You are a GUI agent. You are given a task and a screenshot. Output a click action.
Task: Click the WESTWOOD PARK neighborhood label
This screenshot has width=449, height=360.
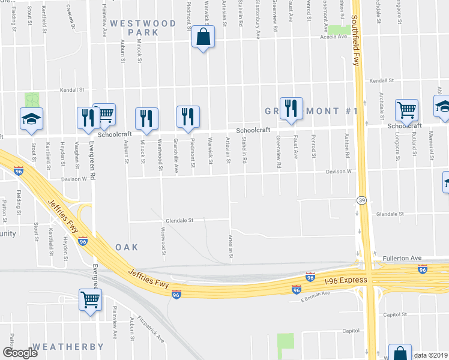click(x=143, y=28)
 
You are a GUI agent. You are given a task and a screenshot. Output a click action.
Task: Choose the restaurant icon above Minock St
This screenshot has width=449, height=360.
click(x=146, y=118)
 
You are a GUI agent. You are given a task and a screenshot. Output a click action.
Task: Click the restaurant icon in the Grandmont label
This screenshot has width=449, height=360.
click(x=291, y=109)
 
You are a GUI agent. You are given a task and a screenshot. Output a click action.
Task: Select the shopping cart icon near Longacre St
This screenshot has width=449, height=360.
click(x=406, y=110)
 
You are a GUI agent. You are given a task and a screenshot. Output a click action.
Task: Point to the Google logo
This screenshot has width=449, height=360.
click(x=19, y=353)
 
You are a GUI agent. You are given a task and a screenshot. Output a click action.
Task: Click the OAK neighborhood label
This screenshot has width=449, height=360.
click(x=127, y=247)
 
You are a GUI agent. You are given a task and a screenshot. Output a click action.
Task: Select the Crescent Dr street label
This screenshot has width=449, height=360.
click(x=73, y=19)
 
